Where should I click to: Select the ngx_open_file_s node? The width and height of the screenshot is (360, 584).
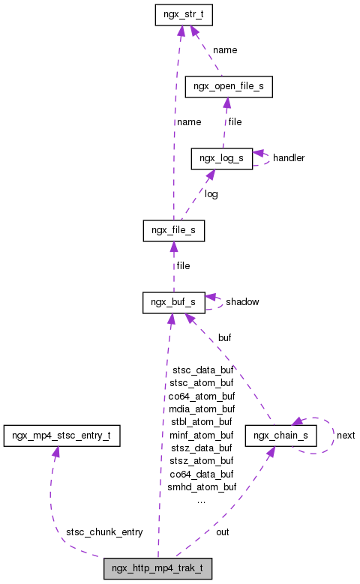[x=228, y=87]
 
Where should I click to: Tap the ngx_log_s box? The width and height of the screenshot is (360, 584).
[x=221, y=158]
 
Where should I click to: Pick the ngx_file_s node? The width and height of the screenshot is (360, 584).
[x=173, y=229]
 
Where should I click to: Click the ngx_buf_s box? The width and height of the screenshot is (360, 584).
[x=173, y=301]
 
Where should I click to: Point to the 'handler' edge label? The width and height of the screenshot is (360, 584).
[x=289, y=158]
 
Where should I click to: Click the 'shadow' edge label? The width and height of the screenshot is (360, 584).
[x=242, y=301]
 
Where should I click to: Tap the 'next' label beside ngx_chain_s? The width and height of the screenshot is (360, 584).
[x=346, y=435]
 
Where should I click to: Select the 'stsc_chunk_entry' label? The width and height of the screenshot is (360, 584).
[x=104, y=532]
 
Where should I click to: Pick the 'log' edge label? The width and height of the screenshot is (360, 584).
[x=211, y=194]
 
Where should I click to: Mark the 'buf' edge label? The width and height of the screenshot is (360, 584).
[x=224, y=338]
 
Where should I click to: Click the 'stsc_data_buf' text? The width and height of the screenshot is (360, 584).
[x=202, y=370]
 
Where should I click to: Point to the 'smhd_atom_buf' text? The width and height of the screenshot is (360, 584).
[x=202, y=487]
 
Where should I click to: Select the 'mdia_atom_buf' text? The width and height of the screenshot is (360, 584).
[x=202, y=409]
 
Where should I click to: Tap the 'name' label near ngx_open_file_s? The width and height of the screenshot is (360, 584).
[x=225, y=50]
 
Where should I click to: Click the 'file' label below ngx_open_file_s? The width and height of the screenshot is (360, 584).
[x=235, y=121]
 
